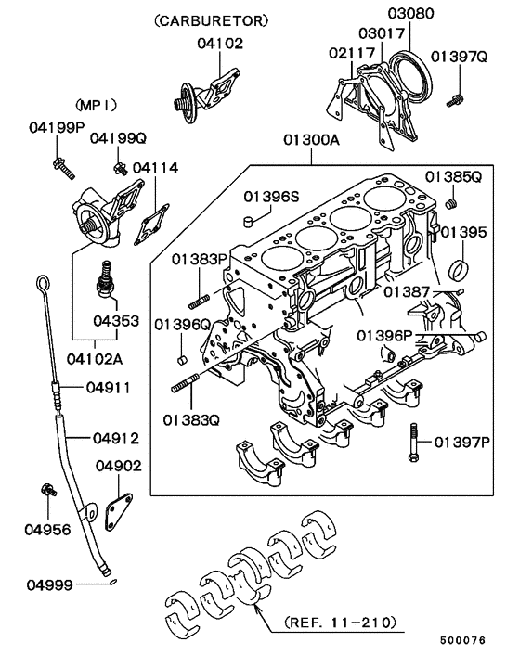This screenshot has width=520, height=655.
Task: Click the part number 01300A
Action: pos(311,142)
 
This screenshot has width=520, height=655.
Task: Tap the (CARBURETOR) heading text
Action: pos(211,19)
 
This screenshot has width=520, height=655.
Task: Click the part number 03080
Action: pos(410,14)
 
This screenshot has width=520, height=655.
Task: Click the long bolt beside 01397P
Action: pos(411,443)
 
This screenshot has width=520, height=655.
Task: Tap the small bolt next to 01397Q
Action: pos(455,96)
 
